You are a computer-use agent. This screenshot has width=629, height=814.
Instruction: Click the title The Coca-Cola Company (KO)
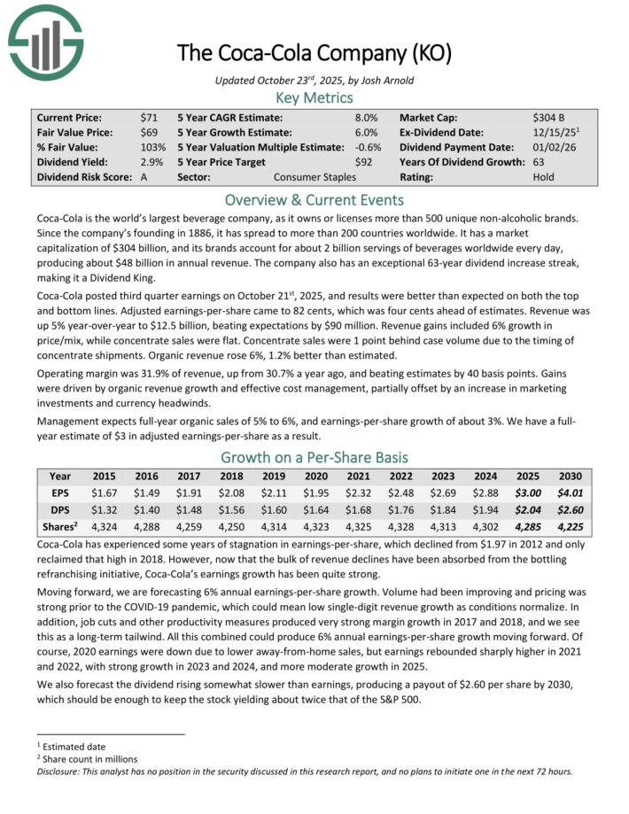pos(314,54)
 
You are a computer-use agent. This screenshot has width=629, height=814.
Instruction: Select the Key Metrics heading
pos(314,98)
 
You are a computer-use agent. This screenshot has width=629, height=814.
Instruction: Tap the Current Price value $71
pos(148,117)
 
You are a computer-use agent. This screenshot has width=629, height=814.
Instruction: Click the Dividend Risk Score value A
pos(144,177)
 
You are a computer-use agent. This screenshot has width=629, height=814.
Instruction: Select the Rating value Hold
pos(544,177)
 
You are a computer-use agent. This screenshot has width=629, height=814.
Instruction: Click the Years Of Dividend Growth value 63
pos(540,162)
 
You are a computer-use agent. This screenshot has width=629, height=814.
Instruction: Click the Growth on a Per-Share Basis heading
pos(314,457)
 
